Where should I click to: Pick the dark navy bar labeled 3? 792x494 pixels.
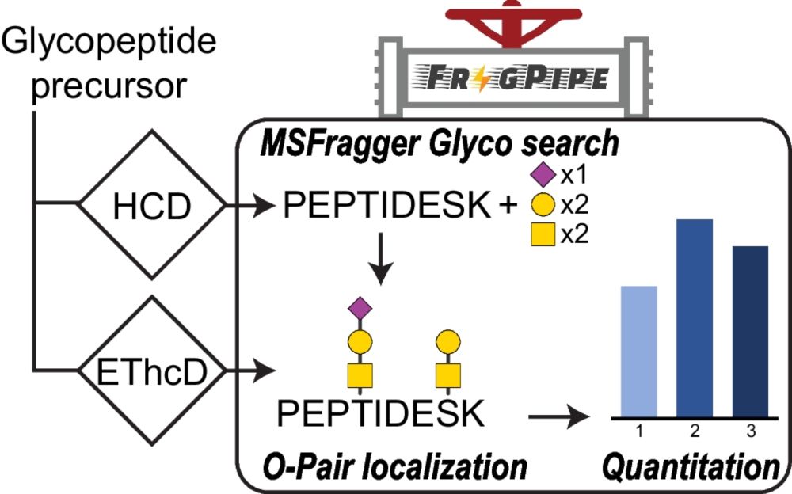[x=745, y=331]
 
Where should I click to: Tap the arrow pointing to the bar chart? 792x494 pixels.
[x=562, y=414]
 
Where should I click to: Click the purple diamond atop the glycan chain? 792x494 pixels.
[x=361, y=306]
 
